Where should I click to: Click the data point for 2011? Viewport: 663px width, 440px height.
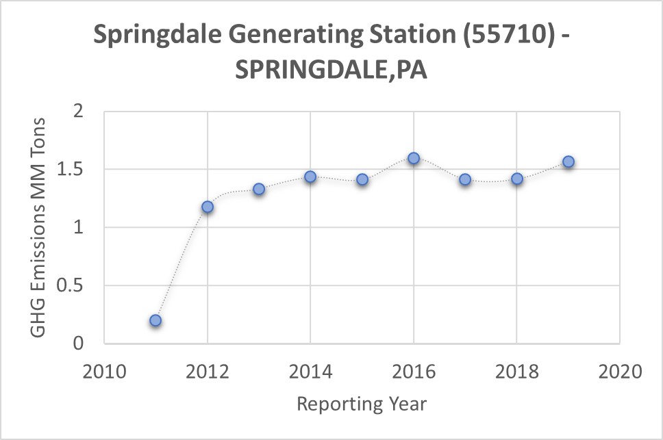155,320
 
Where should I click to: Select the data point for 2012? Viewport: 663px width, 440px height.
208,207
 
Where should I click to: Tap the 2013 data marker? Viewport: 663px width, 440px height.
259,189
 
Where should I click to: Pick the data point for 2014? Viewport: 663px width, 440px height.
310,177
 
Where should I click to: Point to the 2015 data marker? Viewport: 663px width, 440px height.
362,179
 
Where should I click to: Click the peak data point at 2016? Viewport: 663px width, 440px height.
414,158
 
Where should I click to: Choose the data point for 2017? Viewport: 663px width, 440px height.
465,179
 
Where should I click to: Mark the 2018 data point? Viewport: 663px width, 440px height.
517,179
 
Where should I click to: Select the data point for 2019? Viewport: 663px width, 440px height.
568,162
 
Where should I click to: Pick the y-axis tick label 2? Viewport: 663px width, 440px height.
86,111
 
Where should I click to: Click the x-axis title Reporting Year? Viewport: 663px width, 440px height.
362,404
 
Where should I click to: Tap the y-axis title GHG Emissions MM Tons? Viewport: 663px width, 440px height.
39,227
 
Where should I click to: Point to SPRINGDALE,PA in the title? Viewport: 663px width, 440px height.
331,69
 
